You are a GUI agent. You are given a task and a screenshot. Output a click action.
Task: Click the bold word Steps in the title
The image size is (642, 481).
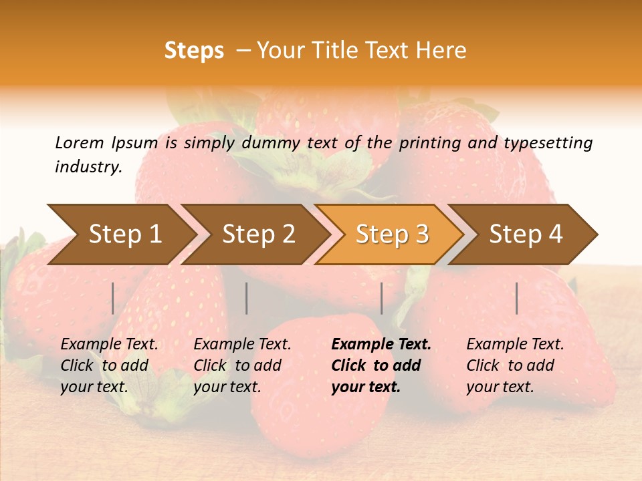point(194,51)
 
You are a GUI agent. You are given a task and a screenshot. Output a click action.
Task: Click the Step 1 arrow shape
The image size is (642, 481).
point(120,234)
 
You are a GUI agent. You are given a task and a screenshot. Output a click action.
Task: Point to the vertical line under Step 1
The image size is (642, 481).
point(113,298)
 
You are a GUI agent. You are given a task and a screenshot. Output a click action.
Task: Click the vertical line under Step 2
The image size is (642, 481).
point(247,298)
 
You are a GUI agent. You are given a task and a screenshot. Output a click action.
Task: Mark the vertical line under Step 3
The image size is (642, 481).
point(382,298)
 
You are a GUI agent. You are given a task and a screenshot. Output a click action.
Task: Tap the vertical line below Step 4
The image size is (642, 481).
point(517,298)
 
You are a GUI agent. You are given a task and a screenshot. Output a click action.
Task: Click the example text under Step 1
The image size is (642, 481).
point(109,365)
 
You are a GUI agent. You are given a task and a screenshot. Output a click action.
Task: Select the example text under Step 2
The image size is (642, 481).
point(242,365)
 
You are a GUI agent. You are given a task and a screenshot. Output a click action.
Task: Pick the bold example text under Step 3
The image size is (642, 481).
point(381,365)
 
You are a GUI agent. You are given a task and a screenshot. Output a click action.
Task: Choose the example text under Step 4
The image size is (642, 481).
point(515,365)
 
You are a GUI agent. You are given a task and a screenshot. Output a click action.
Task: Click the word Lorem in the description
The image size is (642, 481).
point(79,142)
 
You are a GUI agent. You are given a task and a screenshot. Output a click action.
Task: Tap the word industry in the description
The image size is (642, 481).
point(88,167)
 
